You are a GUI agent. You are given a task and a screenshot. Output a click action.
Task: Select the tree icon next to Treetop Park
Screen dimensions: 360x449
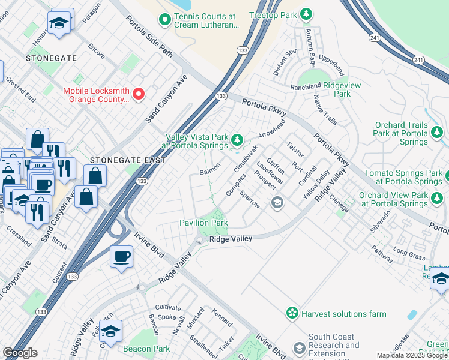tap(306, 13)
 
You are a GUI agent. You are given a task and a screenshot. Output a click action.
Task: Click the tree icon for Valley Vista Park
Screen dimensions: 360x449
tap(237, 141)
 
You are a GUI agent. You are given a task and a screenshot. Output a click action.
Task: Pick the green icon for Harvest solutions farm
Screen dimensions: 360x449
tap(292, 313)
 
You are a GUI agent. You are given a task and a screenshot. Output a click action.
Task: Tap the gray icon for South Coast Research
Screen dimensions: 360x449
tap(299, 349)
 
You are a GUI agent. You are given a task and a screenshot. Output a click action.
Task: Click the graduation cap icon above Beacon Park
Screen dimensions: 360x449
tap(110, 331)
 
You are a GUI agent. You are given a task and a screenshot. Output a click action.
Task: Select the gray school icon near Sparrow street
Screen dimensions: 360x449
tap(276, 202)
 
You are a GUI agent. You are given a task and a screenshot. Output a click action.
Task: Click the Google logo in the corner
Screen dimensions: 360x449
tap(20, 353)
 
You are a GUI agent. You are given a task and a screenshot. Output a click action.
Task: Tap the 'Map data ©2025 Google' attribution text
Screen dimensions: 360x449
tap(412, 355)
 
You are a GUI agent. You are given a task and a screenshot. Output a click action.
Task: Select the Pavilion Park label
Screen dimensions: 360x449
tap(203, 223)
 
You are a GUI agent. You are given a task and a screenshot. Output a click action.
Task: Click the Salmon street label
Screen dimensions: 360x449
tap(209, 172)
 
